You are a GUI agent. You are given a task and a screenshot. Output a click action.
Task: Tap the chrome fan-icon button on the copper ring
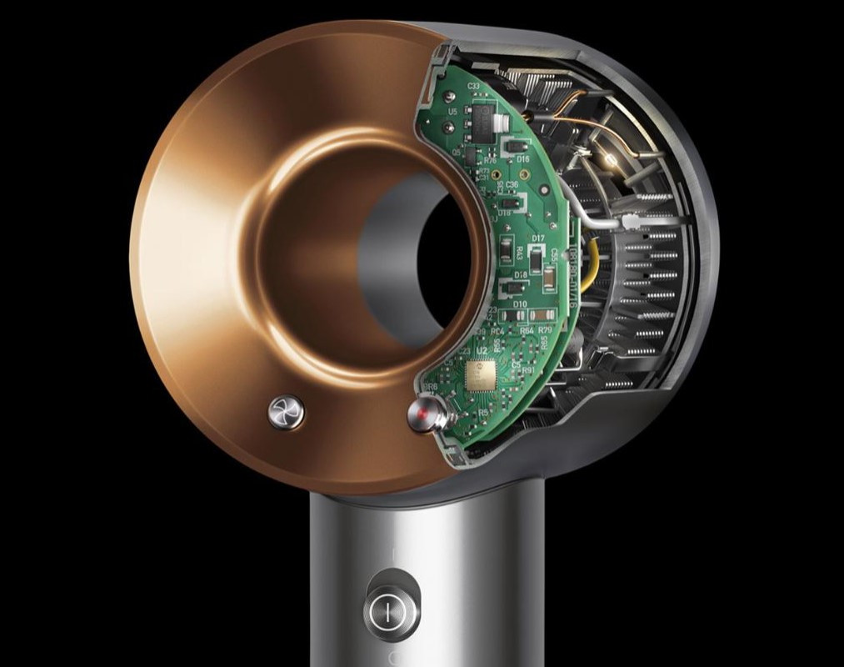(x=286, y=411)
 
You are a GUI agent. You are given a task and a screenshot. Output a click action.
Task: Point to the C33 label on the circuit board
(x=474, y=86)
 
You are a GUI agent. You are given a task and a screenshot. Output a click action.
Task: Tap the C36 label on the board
(x=512, y=184)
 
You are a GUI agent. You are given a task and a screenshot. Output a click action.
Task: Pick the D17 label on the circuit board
(x=538, y=238)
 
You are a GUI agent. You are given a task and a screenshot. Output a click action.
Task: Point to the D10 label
(x=520, y=304)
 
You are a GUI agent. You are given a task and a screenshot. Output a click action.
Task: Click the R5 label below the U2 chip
(x=484, y=412)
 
